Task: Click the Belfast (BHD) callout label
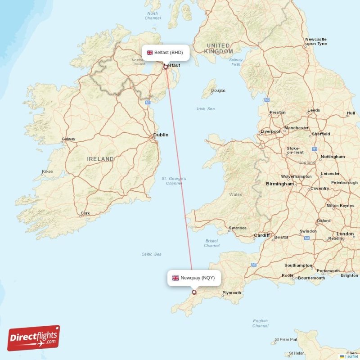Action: (165, 53)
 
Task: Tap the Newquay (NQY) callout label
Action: (193, 278)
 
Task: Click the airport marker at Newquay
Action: (194, 292)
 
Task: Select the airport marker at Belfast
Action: (166, 67)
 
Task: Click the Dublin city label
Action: (161, 135)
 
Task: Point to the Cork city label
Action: (85, 213)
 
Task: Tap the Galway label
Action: (68, 139)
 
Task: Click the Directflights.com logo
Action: (34, 338)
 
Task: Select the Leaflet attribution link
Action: (351, 356)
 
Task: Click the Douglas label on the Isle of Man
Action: (218, 90)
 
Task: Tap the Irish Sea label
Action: (206, 109)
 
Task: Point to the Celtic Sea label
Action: (151, 254)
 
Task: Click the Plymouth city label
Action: (232, 293)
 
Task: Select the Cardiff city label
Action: (261, 235)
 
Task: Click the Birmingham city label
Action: (279, 184)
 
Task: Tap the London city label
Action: (345, 234)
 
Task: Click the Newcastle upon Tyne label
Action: (316, 41)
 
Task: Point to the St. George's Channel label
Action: (174, 181)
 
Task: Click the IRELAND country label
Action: (100, 159)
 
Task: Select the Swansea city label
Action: (238, 228)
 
